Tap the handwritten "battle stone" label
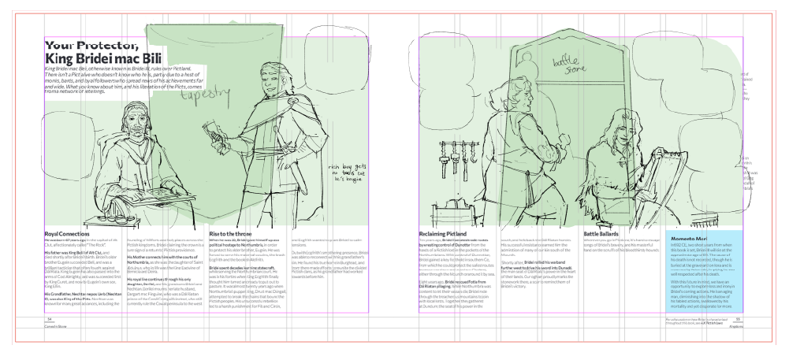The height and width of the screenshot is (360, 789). point(565,62)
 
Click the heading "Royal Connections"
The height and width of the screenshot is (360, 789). point(67,234)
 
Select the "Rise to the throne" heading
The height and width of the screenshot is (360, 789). point(234,234)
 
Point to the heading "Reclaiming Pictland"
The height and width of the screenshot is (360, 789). point(445,234)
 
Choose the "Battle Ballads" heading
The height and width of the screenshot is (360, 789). point(604,234)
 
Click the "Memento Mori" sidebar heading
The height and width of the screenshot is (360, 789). point(691,237)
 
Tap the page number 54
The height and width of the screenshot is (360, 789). point(48,319)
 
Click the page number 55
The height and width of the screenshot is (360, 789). point(738,319)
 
